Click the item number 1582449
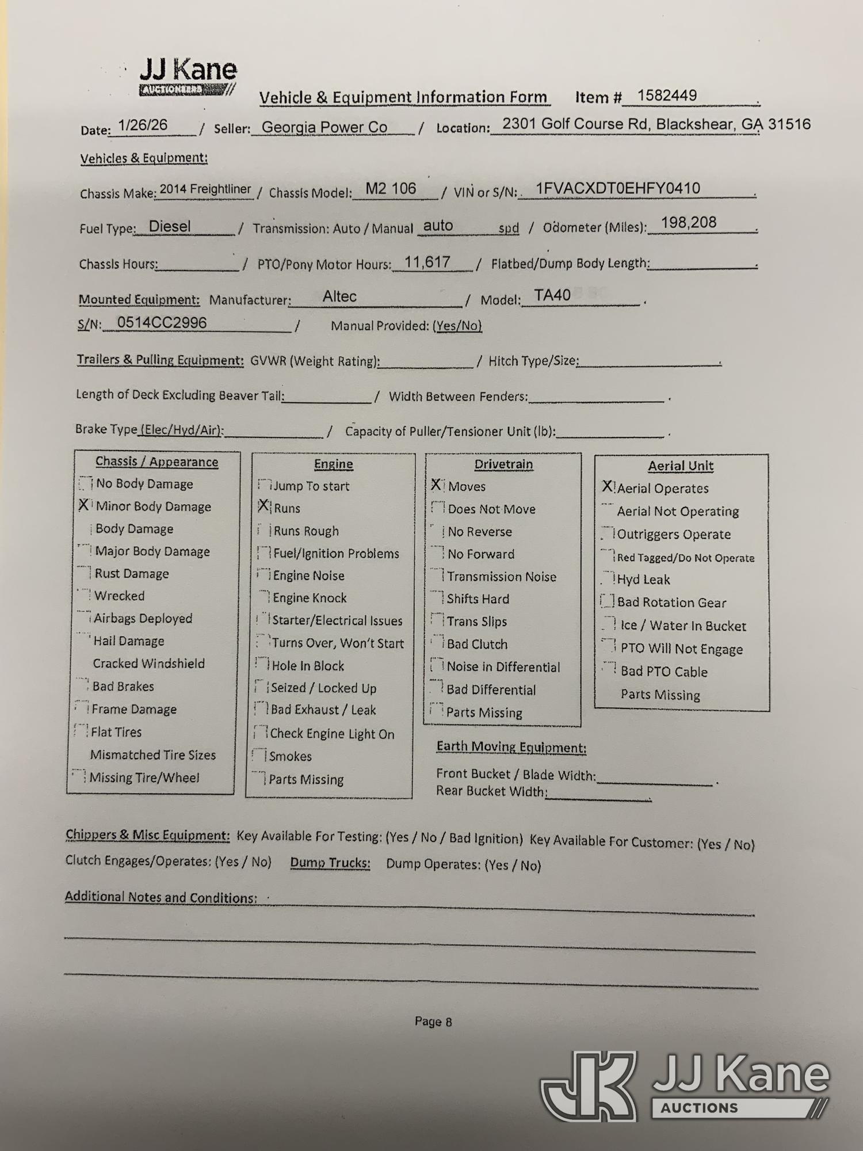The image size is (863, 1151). [667, 96]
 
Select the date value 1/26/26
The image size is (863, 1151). [143, 125]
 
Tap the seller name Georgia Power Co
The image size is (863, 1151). [324, 127]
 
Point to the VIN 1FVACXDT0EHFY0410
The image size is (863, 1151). [617, 188]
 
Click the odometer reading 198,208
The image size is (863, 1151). [688, 223]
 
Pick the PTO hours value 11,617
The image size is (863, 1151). [427, 262]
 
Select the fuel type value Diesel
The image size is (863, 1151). [170, 226]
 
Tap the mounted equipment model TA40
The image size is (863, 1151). [552, 295]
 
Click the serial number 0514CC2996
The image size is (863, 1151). [162, 322]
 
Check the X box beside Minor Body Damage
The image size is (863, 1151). [84, 505]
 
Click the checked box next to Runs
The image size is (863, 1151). [264, 506]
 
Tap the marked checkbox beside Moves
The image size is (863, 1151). [437, 485]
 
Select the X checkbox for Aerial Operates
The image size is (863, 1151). [608, 487]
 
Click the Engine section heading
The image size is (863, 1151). [333, 464]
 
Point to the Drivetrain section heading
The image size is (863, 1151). [503, 464]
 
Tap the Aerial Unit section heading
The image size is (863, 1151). [680, 466]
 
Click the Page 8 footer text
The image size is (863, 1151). [433, 1022]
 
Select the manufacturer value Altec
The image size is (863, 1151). [339, 296]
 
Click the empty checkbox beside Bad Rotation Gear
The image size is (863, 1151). [607, 601]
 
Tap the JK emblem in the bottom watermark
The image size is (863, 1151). [589, 1085]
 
